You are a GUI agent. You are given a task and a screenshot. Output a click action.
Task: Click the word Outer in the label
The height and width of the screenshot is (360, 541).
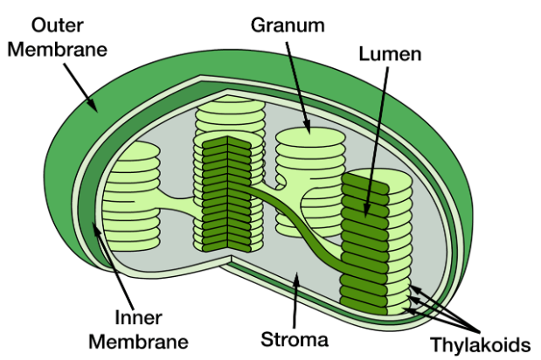click(58, 25)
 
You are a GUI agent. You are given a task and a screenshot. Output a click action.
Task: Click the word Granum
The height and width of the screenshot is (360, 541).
click(288, 25)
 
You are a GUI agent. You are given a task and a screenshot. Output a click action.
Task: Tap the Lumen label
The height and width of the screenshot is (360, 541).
click(390, 54)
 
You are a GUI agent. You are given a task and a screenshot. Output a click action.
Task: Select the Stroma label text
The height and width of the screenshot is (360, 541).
click(295, 339)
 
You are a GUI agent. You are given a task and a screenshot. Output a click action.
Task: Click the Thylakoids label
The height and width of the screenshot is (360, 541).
click(480, 344)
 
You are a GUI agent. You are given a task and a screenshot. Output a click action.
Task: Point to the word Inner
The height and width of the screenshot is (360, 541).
click(138, 317)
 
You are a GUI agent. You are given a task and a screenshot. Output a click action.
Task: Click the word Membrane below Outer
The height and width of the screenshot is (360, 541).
click(58, 49)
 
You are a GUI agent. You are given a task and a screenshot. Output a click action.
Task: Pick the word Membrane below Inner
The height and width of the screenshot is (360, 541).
click(138, 342)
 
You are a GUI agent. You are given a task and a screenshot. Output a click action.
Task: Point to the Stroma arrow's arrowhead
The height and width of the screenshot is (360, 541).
click(295, 280)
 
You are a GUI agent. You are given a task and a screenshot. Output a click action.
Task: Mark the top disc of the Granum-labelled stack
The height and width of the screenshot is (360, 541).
click(310, 136)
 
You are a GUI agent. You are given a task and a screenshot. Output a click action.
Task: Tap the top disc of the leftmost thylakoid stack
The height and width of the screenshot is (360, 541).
click(135, 150)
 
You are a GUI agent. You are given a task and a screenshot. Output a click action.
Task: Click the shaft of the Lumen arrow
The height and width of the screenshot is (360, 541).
click(377, 138)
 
